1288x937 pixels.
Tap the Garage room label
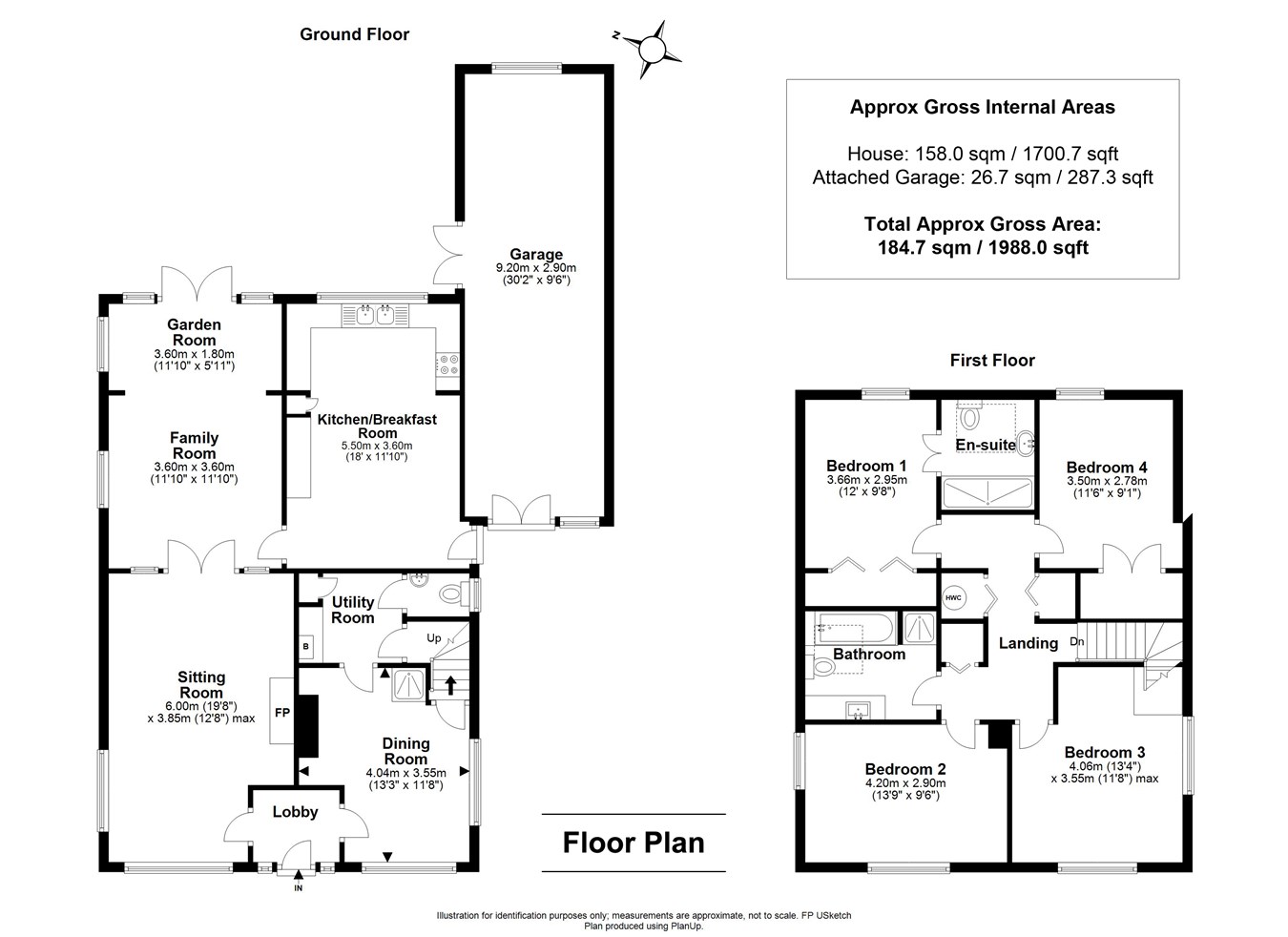[x=535, y=254]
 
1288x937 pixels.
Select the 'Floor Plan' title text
[x=634, y=843]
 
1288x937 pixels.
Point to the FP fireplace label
[x=282, y=712]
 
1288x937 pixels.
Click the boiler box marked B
[x=305, y=646]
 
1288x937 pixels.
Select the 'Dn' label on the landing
[x=1077, y=641]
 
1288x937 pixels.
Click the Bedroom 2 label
[x=904, y=769]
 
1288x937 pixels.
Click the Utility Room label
[x=352, y=610]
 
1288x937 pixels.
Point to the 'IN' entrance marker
[x=298, y=888]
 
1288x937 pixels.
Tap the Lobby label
[x=295, y=812]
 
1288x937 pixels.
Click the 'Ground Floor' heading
[x=354, y=34]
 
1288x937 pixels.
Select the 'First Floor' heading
[x=991, y=360]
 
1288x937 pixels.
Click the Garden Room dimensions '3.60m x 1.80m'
[x=194, y=354]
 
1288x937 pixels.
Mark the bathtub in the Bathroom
[x=854, y=631]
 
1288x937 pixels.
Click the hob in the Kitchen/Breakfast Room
[x=447, y=363]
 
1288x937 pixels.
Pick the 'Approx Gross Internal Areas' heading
[x=982, y=107]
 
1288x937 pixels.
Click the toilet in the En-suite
[x=970, y=418]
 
